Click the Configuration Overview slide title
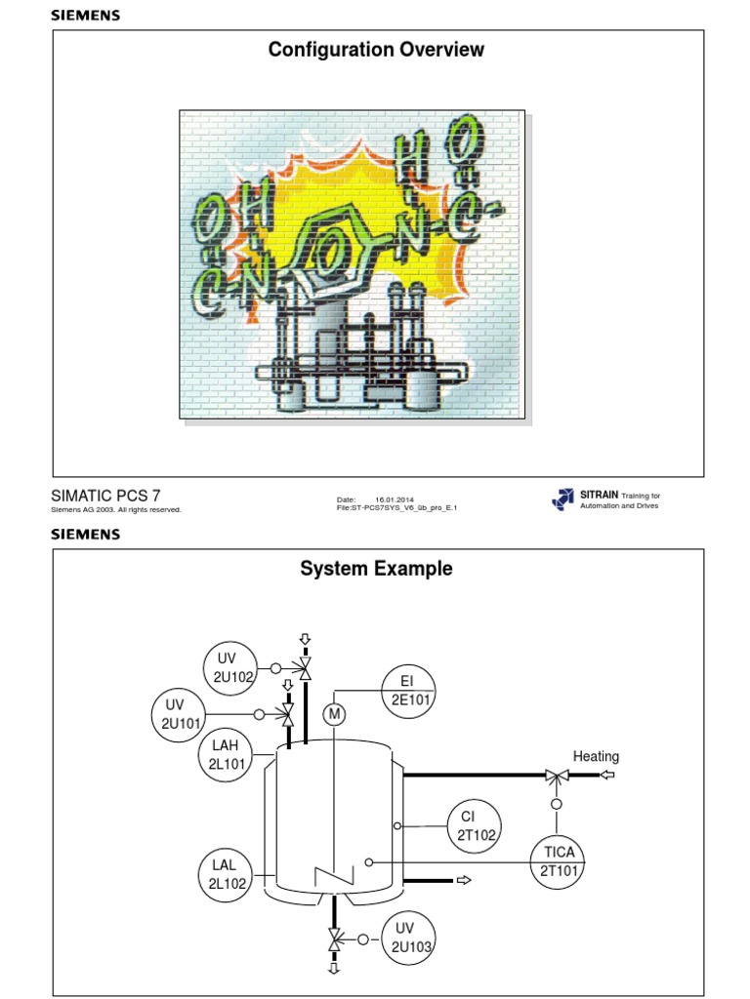376,50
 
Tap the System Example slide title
376,569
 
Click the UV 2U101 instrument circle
176,714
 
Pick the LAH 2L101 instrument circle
225,755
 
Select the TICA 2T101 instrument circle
559,861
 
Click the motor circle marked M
335,715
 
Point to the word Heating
596,756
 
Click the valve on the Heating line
557,776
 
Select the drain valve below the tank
335,939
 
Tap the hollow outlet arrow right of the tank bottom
463,880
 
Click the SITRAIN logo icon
563,499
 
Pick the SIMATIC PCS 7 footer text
104,496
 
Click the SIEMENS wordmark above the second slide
86,534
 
